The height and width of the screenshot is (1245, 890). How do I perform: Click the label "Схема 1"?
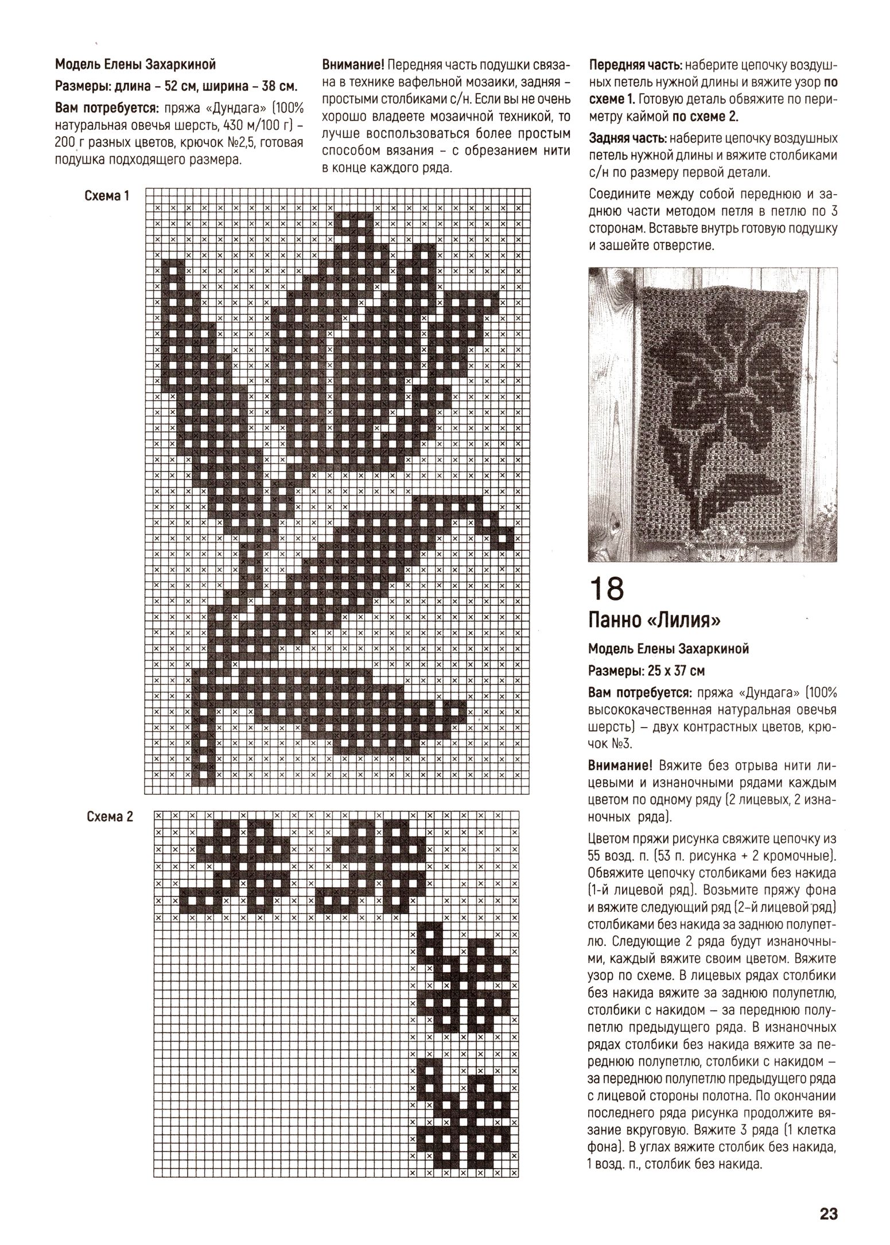pos(107,196)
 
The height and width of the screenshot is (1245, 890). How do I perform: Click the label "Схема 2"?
pos(109,817)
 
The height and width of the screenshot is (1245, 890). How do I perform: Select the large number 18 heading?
pos(607,589)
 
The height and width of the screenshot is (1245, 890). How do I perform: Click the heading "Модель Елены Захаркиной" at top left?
pos(135,64)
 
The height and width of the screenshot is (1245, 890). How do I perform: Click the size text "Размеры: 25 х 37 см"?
pos(646,670)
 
